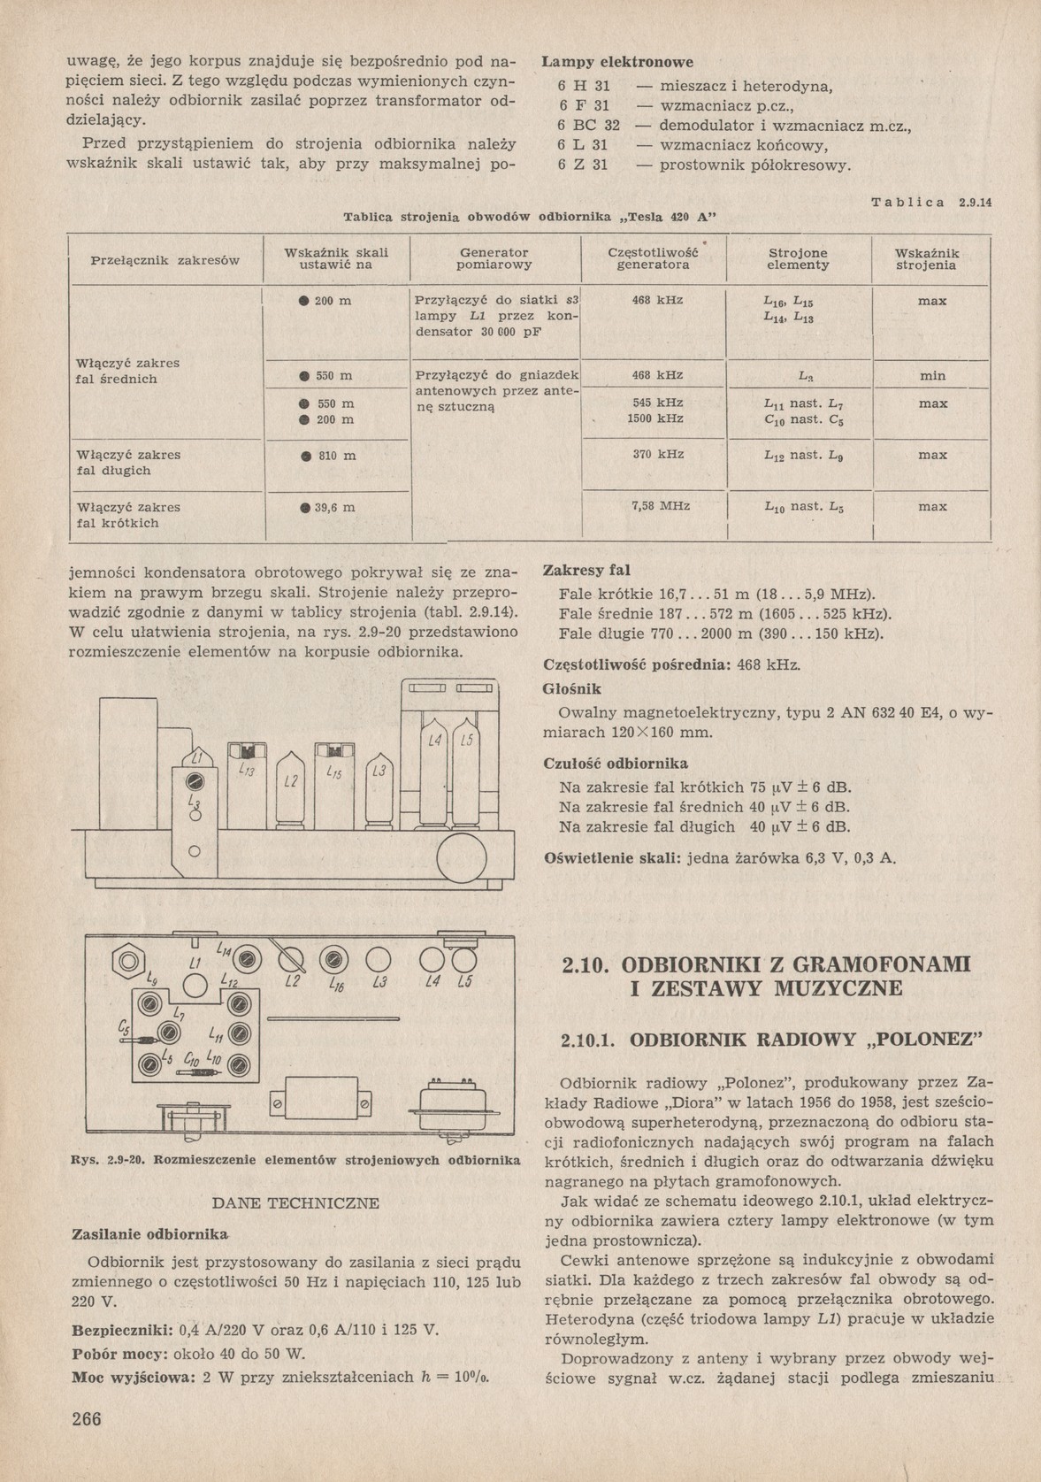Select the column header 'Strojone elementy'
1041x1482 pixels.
coord(798,258)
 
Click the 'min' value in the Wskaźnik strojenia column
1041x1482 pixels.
coord(932,376)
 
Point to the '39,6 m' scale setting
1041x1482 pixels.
coord(328,508)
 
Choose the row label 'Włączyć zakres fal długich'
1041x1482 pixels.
coord(129,463)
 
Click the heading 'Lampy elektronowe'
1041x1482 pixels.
coord(617,63)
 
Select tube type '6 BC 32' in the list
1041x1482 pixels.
coord(588,126)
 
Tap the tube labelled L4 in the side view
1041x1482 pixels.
coord(434,770)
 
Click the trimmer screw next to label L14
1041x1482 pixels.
coord(246,959)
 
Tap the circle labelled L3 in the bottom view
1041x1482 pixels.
coord(379,960)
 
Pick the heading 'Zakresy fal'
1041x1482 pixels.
coord(586,570)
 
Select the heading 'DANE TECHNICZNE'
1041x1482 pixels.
coord(296,1203)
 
